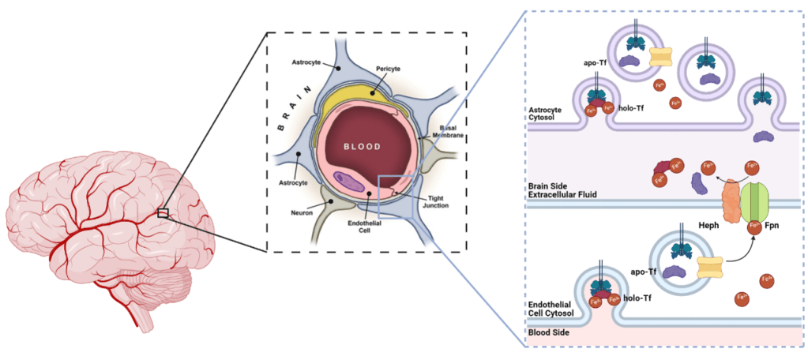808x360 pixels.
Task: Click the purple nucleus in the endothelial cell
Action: pos(351,184)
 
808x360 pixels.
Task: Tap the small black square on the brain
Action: pos(163,212)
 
